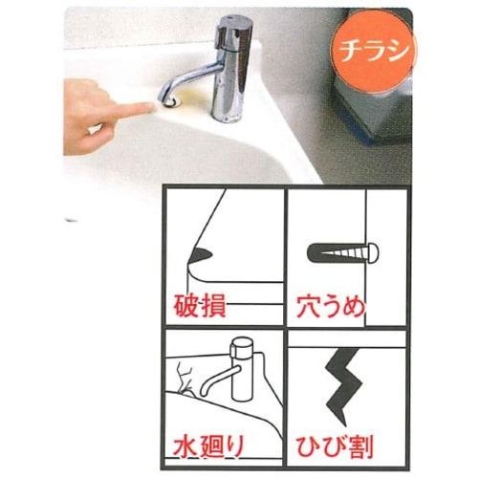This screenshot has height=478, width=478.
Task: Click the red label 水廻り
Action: (x=211, y=448)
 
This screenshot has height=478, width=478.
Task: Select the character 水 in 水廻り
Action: (x=186, y=448)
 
